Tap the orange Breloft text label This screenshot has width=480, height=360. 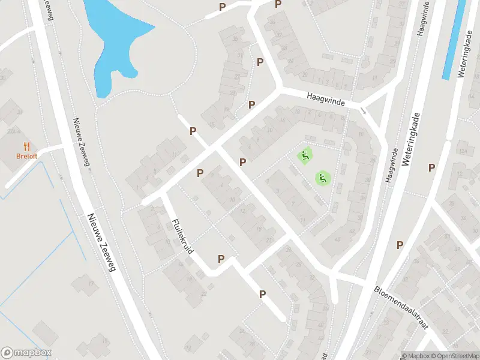tap(26, 157)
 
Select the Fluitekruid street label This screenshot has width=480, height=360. tap(181, 235)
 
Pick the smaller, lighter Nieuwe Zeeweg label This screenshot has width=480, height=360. tap(82, 142)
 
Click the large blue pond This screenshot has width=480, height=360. tap(114, 36)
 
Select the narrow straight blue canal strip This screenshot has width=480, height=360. tap(454, 40)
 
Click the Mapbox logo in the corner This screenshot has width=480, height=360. tap(26, 353)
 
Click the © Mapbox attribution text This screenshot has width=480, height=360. tap(416, 355)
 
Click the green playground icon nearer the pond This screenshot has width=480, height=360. tap(305, 157)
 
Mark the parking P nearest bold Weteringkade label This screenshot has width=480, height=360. tap(431, 167)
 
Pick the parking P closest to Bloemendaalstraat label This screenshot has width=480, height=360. tap(399, 245)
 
